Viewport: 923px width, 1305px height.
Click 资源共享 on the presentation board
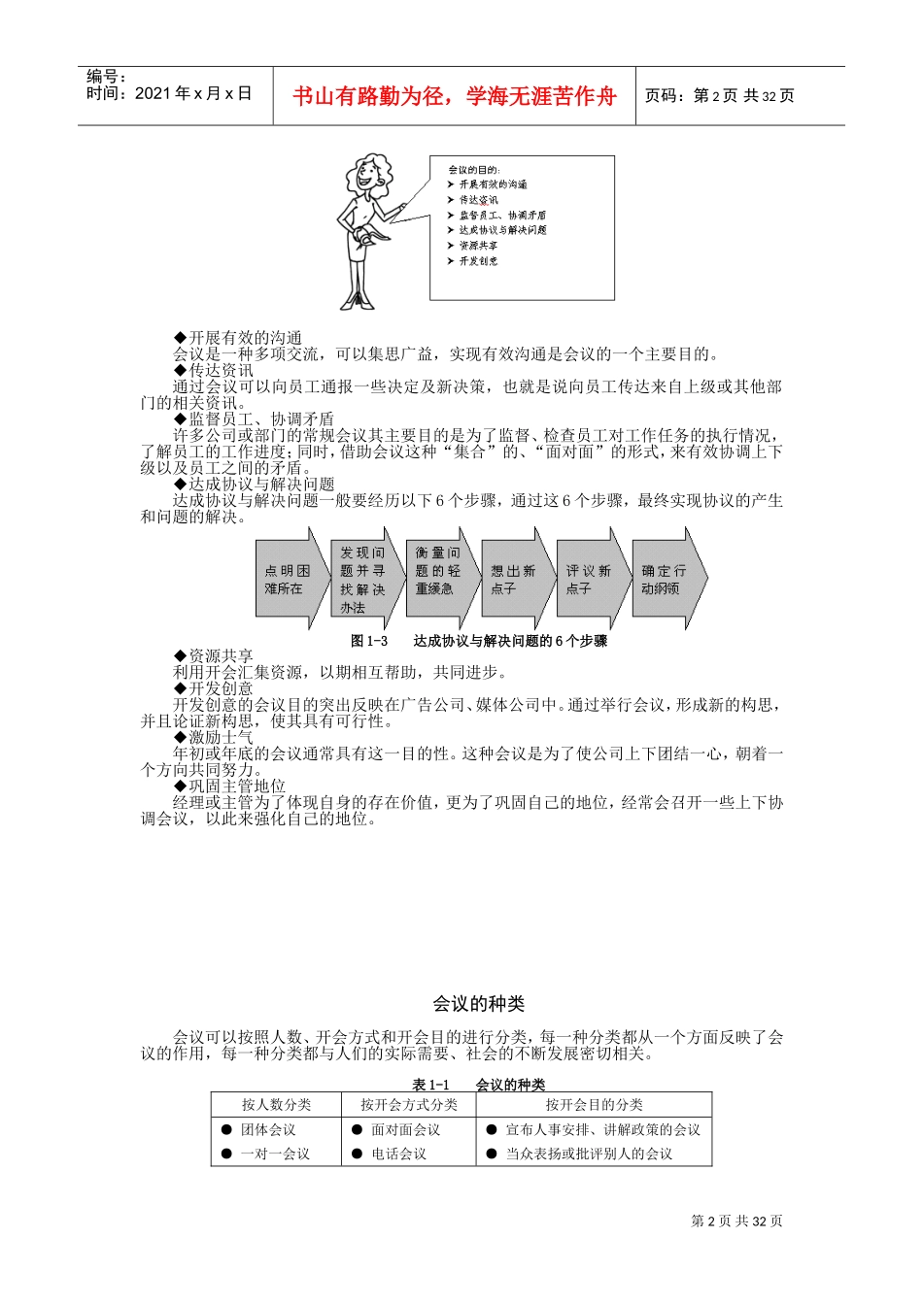478,246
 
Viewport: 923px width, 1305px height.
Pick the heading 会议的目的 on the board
474,170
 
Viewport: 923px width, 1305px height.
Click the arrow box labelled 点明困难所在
289,580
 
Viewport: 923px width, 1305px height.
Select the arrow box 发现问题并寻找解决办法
363,580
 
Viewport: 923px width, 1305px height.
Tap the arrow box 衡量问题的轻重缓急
438,580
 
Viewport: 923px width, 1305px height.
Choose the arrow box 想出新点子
514,580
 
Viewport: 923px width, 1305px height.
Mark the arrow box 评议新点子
589,580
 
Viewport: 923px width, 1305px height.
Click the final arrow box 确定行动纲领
665,580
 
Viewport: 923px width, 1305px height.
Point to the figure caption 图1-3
369,641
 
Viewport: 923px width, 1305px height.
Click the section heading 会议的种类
479,1004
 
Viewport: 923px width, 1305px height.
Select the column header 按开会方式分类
408,1104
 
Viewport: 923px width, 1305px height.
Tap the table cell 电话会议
398,1154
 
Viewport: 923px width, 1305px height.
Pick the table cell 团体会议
268,1129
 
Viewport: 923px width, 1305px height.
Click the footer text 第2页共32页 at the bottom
736,1221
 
